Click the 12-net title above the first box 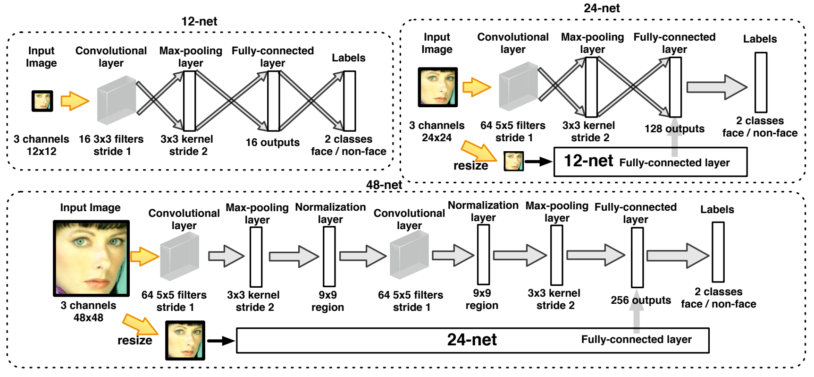pos(199,21)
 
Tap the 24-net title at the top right pos(602,8)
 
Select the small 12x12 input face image pos(42,101)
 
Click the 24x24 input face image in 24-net pos(437,87)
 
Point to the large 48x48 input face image pos(91,258)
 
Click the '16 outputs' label pos(272,142)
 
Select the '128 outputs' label pos(674,129)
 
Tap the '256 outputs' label pos(640,300)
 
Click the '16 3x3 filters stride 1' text pos(111,145)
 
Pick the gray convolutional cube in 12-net pos(116,100)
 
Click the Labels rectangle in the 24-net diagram pos(761,82)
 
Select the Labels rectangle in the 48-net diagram pos(718,252)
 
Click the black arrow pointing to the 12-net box pos(538,162)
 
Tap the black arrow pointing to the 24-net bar pos(221,341)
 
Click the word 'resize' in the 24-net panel pos(470,166)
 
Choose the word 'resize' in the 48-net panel pos(134,341)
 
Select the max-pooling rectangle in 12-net pos(189,101)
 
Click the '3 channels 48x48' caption pos(88,311)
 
